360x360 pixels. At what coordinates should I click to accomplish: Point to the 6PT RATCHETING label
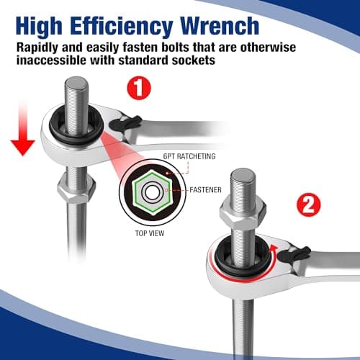189,156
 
